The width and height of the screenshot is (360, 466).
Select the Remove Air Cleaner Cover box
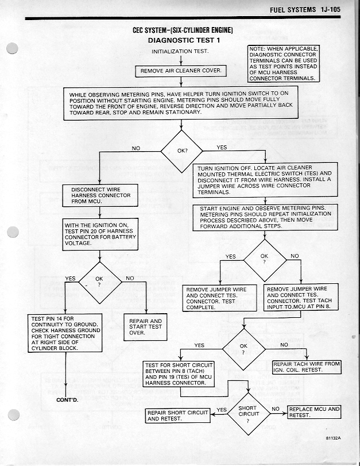pyautogui.click(x=181, y=71)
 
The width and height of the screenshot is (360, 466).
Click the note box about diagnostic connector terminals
pyautogui.click(x=282, y=64)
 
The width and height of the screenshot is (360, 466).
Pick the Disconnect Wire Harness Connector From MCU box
pyautogui.click(x=100, y=195)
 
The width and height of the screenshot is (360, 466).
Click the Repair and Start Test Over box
pyautogui.click(x=145, y=326)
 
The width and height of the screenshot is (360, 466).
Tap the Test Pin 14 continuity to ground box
pyautogui.click(x=65, y=333)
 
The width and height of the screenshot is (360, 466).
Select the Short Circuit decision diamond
pyautogui.click(x=248, y=413)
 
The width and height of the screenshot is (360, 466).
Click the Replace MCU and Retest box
pyautogui.click(x=313, y=412)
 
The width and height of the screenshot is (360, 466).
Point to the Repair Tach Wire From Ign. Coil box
pyautogui.click(x=306, y=367)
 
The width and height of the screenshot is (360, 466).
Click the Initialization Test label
pyautogui.click(x=180, y=51)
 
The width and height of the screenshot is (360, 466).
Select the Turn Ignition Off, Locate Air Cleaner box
pyautogui.click(x=265, y=180)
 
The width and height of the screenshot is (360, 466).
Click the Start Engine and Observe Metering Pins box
pyautogui.click(x=269, y=217)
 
